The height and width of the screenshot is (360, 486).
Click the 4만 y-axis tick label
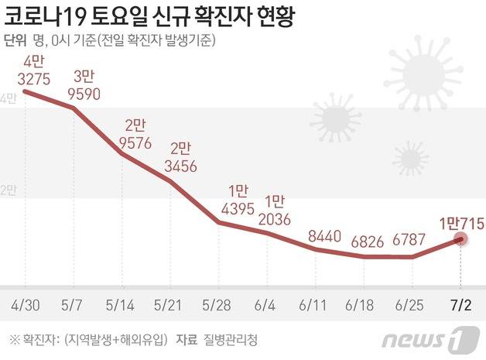coord(9,98)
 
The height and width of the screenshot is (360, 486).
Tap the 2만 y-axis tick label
coord(9,189)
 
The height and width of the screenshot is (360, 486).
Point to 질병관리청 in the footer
coord(222,338)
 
